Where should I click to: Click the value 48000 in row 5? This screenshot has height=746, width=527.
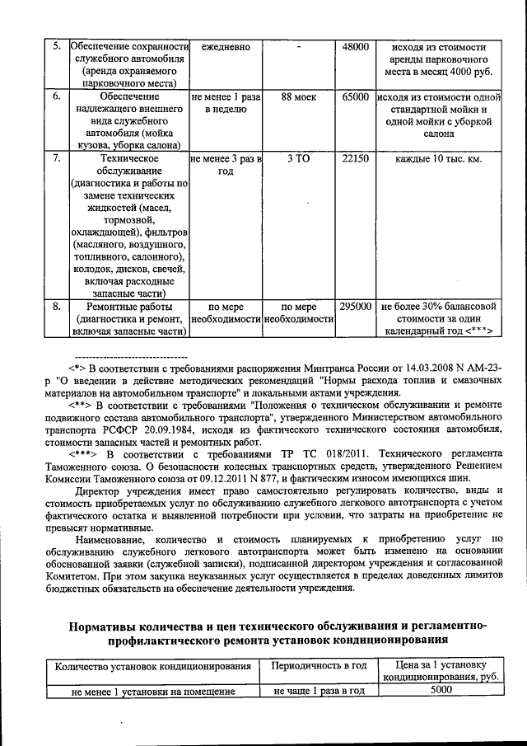(356, 47)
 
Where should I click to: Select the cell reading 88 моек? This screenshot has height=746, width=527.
(298, 96)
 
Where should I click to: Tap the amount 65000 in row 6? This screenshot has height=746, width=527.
(356, 96)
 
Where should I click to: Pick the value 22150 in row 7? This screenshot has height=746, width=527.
(356, 158)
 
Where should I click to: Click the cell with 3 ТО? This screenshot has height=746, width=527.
(298, 158)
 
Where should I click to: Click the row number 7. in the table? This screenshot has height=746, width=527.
(54, 158)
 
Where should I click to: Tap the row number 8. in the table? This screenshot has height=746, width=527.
(54, 307)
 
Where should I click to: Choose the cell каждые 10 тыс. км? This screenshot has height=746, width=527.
(438, 158)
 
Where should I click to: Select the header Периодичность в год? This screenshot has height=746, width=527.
(318, 666)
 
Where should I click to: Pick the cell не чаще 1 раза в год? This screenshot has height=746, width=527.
(318, 692)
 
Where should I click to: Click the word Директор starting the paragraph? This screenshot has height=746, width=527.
(96, 490)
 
